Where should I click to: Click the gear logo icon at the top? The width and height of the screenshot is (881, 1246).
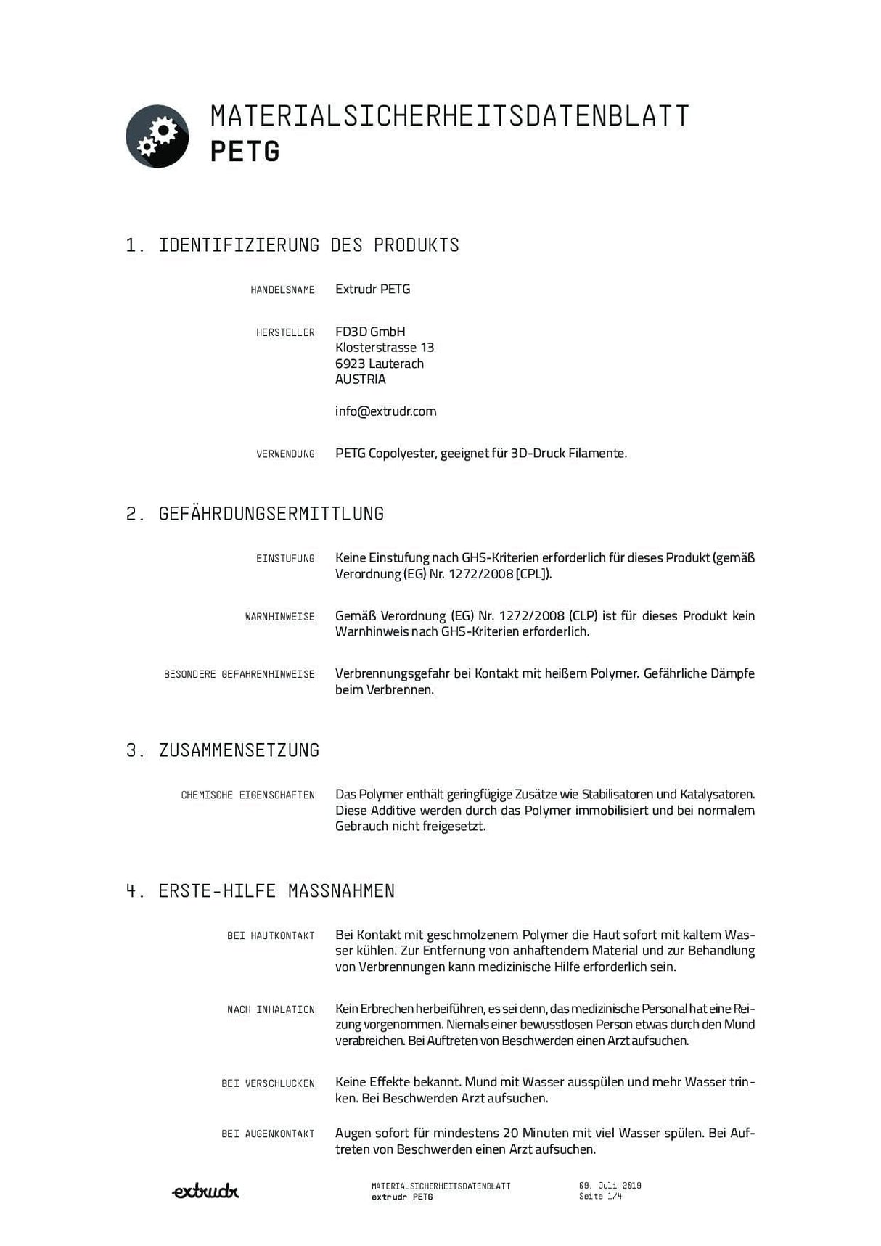[157, 136]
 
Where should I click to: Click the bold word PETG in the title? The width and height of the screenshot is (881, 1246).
[245, 152]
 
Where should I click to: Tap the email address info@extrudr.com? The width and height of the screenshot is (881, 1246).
[385, 411]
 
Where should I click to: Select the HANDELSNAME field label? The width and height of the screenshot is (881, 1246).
[282, 290]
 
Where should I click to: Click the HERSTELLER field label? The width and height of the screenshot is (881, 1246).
[285, 333]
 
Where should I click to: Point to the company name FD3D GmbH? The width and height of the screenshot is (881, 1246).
[370, 332]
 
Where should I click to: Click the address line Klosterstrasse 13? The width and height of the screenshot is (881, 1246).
[385, 348]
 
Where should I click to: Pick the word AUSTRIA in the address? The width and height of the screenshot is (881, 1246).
[360, 380]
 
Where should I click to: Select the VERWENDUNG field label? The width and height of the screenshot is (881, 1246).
[285, 454]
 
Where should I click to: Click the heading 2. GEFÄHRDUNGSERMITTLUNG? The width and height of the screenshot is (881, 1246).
[255, 514]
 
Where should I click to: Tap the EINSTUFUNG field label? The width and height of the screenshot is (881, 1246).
[285, 559]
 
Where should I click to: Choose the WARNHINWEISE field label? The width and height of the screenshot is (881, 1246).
[279, 617]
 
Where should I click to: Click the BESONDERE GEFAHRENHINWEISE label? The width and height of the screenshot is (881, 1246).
[239, 675]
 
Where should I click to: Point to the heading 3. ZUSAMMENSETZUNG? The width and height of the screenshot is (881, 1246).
[223, 750]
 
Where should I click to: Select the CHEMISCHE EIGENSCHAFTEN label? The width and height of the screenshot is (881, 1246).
[247, 795]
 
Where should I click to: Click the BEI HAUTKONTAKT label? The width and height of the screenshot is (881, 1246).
[271, 936]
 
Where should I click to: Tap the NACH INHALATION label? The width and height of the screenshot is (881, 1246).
[271, 1010]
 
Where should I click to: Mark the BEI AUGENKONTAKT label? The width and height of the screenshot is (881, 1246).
[268, 1134]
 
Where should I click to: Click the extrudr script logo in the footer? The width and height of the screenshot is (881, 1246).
[205, 1191]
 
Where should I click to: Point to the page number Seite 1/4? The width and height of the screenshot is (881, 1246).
[600, 1197]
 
